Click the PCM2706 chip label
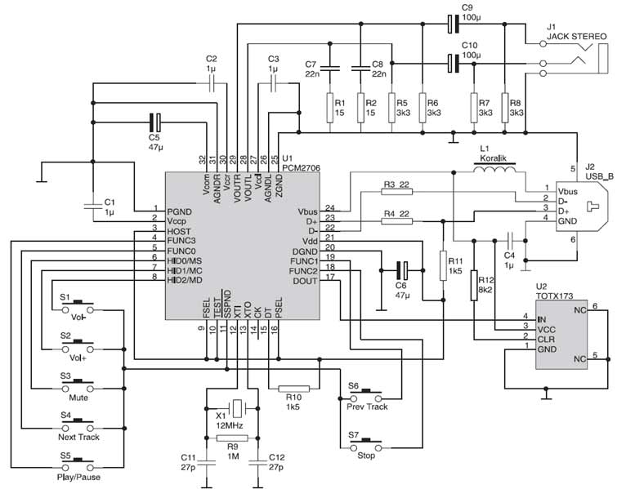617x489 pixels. [300, 166]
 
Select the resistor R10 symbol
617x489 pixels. [293, 388]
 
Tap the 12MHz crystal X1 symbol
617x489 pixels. [235, 407]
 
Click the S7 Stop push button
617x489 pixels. [367, 443]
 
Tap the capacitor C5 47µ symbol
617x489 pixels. [154, 123]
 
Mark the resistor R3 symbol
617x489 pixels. [396, 192]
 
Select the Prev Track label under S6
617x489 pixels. [367, 407]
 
